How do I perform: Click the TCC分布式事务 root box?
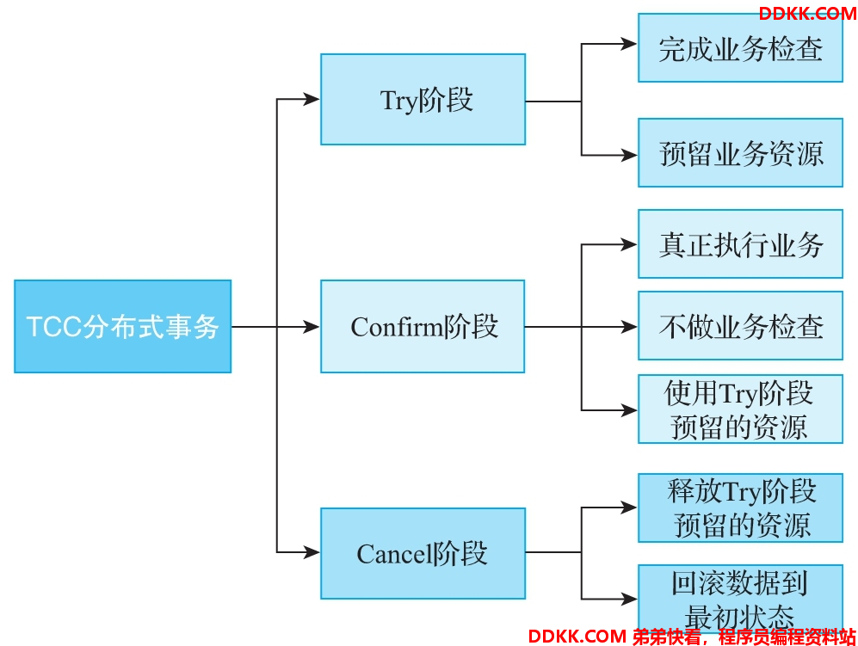coord(122,327)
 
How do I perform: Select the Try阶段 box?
coord(423,100)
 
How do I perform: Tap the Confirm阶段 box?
coord(423,327)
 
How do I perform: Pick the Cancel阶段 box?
coord(423,554)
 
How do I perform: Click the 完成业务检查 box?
coord(740,48)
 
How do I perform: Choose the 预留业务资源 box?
coord(740,152)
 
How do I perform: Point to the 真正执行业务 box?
coord(740,244)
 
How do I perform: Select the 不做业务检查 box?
coord(740,326)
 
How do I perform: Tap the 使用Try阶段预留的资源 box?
coord(740,409)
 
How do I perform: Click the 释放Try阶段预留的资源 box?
coord(740,508)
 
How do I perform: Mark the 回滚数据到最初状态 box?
coord(740,600)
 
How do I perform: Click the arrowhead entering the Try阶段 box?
coord(312,99)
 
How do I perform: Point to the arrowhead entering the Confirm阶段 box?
coord(312,327)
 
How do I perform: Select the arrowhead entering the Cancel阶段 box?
coord(312,552)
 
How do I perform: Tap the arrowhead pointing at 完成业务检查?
coord(629,44)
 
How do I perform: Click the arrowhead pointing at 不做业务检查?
coord(629,327)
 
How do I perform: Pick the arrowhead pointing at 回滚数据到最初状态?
coord(629,599)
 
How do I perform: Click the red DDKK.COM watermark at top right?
coord(808,14)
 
